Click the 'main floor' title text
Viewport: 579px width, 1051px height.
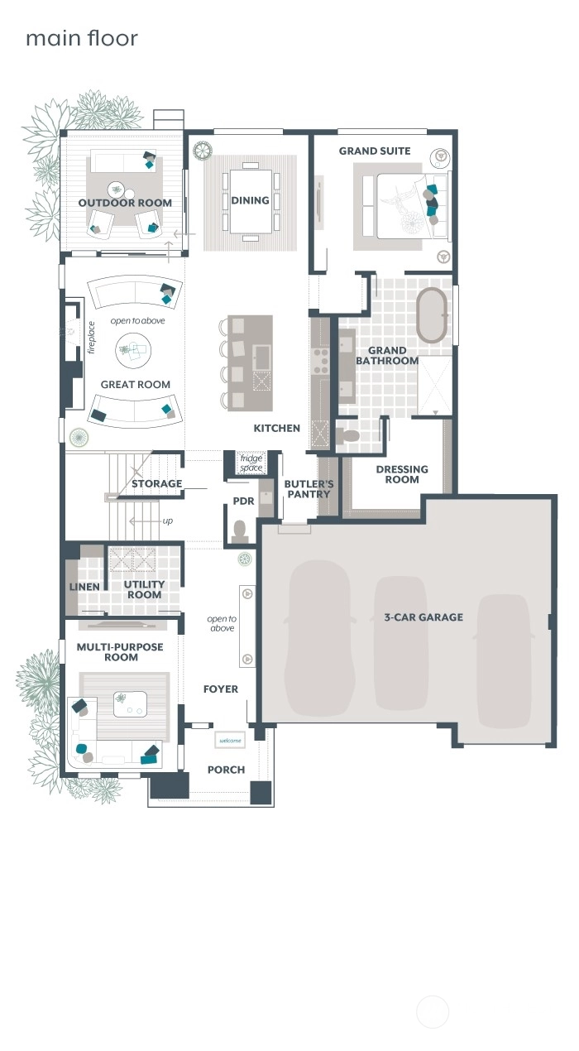82,38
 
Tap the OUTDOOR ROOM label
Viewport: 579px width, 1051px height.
125,203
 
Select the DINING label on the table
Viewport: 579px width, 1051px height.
250,200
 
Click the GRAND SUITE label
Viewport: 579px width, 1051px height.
375,151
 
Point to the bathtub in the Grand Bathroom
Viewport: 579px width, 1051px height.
431,314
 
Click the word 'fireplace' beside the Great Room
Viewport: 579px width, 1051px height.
92,338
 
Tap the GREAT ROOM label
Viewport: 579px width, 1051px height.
136,385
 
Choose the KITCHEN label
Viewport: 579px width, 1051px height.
276,428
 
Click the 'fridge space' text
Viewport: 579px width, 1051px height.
251,463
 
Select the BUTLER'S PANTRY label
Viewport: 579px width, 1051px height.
309,489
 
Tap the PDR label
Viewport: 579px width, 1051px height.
243,502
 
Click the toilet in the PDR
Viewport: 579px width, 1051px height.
240,531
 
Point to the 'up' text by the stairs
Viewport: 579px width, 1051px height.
167,521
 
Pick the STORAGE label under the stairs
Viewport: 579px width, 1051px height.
156,484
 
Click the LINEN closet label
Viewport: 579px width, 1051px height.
84,587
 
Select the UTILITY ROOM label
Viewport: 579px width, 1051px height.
144,590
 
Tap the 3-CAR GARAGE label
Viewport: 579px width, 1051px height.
423,617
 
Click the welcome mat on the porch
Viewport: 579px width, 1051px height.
230,741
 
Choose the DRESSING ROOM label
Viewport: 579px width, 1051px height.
402,474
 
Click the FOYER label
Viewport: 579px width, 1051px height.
220,689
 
